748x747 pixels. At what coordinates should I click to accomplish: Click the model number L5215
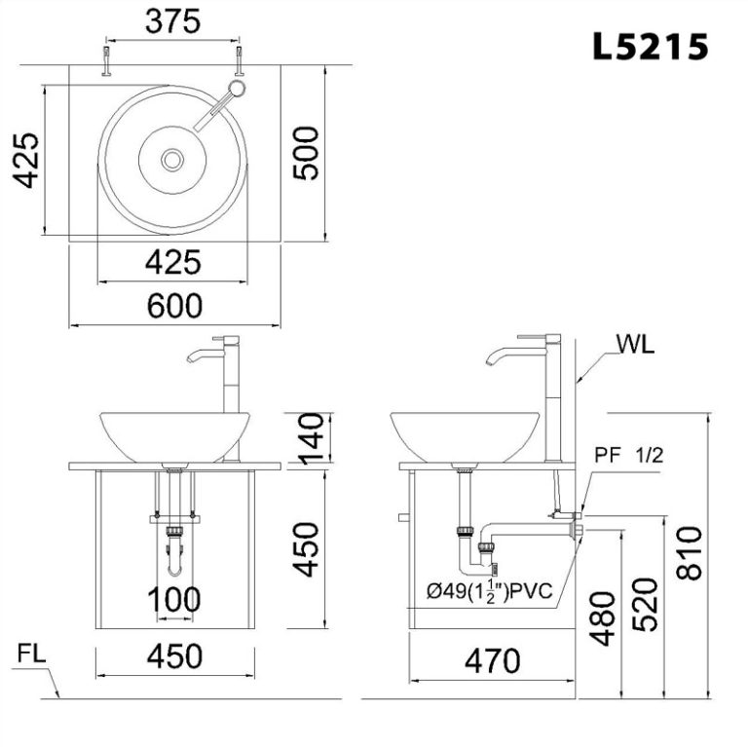point(650,45)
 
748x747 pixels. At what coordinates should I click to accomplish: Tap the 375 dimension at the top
point(172,20)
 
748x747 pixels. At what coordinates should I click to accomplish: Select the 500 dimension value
point(306,152)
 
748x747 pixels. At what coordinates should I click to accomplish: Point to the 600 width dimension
point(174,306)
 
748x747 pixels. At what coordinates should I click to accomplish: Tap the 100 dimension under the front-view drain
point(174,600)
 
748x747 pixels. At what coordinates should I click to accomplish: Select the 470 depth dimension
point(491,662)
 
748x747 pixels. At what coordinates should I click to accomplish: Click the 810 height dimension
point(690,552)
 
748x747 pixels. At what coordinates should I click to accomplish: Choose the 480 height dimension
point(603,619)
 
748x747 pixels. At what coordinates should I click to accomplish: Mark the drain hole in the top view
point(173,158)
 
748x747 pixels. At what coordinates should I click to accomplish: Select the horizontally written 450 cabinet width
point(174,655)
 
